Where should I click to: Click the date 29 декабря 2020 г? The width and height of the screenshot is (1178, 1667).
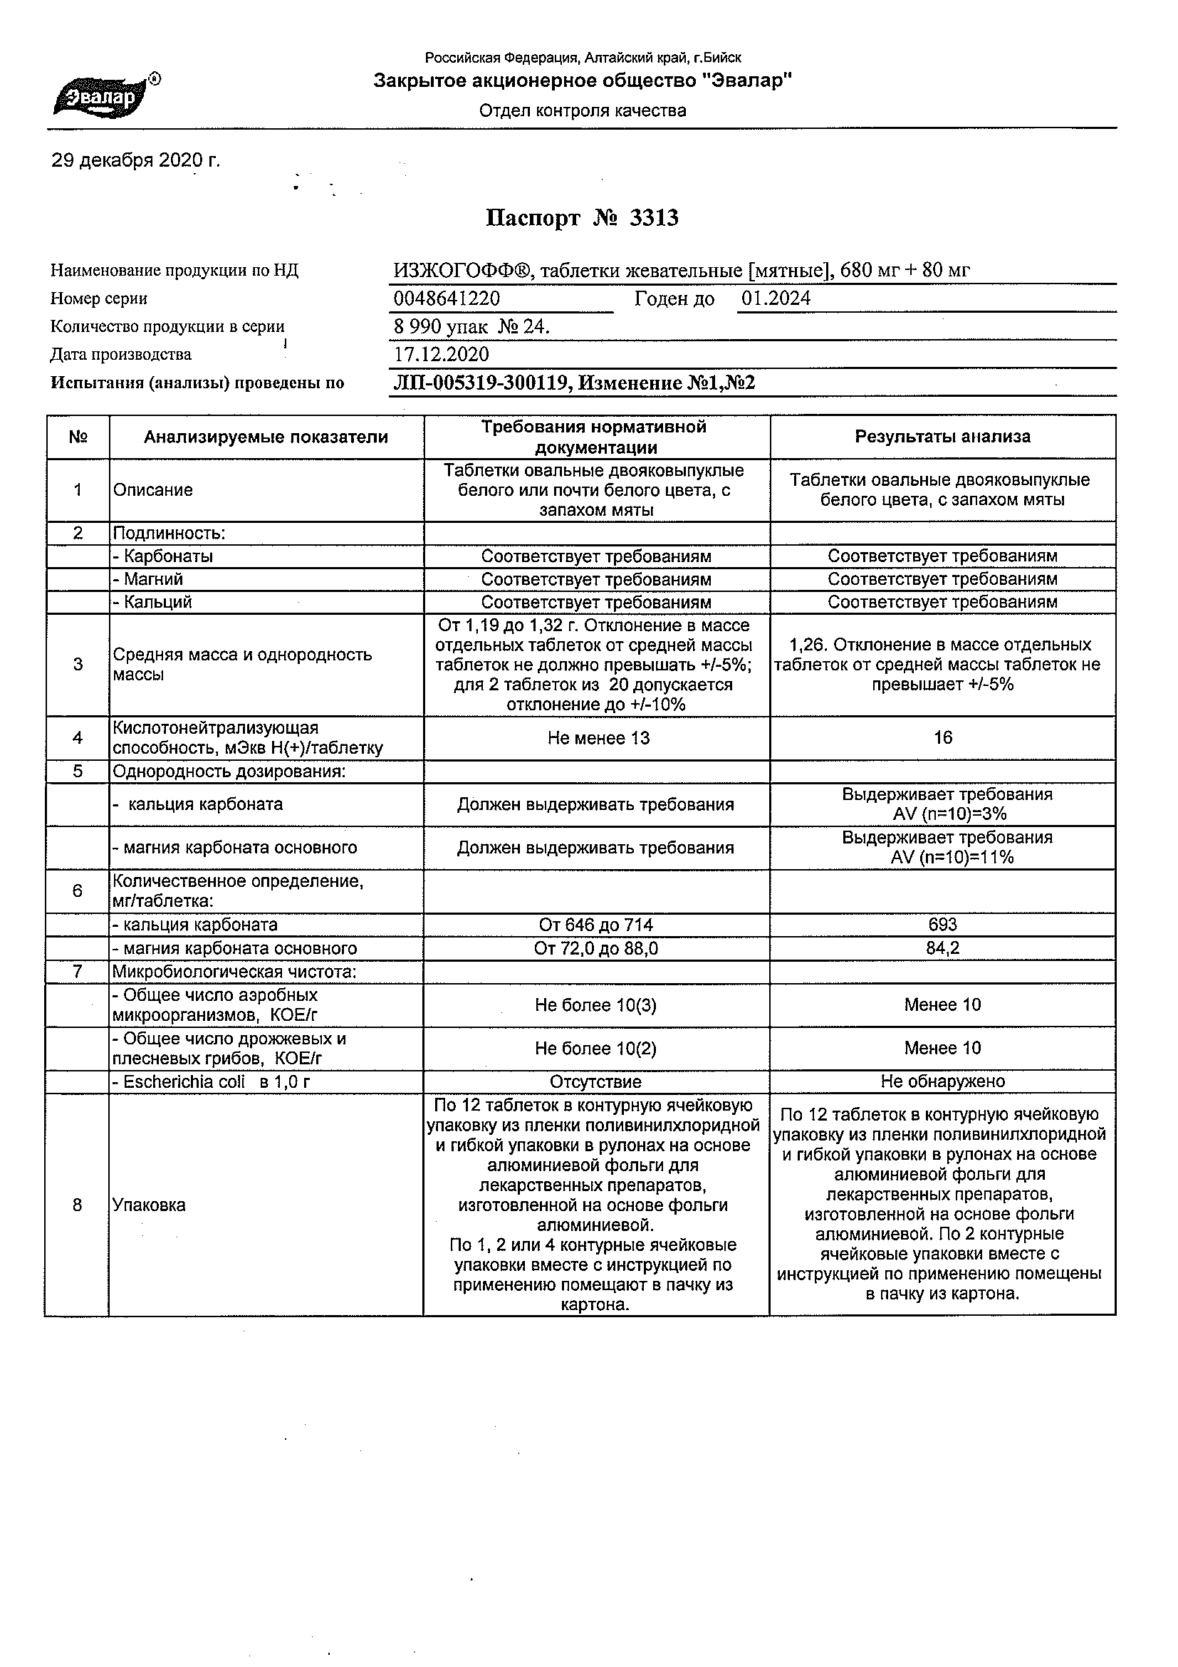135,160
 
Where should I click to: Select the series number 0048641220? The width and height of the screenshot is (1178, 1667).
447,298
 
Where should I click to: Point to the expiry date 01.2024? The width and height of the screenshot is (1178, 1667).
776,298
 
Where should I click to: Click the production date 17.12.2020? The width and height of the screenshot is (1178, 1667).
442,354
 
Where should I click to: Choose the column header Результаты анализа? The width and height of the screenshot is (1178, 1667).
942,437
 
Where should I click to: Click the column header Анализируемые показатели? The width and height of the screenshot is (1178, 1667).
266,437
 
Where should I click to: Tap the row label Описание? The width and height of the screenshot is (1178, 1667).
153,490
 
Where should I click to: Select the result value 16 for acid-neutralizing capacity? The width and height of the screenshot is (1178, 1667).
942,737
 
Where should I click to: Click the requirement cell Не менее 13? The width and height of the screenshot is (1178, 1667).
598,738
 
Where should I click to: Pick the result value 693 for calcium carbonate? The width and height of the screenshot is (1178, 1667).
942,924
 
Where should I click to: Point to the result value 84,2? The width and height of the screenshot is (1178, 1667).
942,948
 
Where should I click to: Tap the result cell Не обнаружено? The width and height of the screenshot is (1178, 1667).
942,1081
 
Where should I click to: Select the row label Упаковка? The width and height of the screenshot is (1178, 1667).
149,1205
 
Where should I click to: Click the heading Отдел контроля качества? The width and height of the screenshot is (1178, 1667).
582,110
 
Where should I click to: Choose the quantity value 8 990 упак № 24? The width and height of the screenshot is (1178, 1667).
471,327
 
